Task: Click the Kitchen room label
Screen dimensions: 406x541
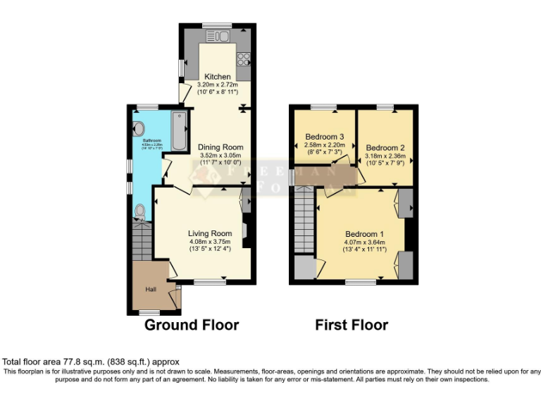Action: click(x=218, y=76)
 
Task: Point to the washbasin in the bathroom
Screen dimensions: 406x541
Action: click(x=138, y=129)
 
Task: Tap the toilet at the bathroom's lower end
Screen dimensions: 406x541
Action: click(x=140, y=210)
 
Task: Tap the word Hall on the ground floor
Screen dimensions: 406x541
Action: click(x=151, y=290)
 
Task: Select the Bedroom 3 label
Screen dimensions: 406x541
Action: click(x=324, y=137)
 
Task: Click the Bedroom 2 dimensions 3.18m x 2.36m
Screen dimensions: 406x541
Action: click(x=385, y=156)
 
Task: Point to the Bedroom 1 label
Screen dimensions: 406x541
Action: click(x=364, y=234)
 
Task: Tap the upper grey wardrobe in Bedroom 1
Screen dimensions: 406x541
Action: click(x=406, y=202)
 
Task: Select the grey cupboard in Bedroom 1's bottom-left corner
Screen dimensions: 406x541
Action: click(x=304, y=269)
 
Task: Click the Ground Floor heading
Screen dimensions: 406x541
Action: click(x=192, y=325)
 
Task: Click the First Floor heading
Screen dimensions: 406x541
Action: click(x=351, y=325)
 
